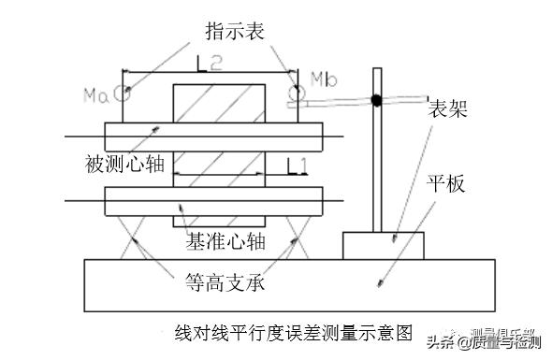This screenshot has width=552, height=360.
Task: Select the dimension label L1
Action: click(298, 167)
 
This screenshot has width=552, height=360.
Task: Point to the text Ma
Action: click(95, 94)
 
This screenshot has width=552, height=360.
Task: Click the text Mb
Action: click(321, 76)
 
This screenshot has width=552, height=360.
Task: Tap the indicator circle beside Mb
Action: click(296, 93)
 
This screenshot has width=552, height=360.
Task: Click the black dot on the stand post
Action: click(375, 99)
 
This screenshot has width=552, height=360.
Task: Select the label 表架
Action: click(446, 108)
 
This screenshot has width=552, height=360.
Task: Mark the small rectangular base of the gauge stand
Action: click(382, 245)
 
